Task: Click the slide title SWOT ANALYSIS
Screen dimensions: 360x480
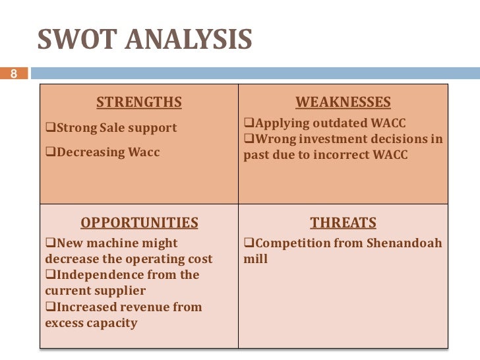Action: click(x=144, y=40)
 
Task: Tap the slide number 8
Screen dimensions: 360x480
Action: click(x=12, y=73)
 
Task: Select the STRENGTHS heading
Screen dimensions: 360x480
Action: click(x=138, y=102)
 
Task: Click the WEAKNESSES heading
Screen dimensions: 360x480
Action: click(x=343, y=102)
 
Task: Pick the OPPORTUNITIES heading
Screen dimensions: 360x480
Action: click(x=138, y=222)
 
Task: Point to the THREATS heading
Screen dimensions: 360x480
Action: click(x=343, y=222)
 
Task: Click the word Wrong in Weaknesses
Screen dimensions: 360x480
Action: click(x=274, y=139)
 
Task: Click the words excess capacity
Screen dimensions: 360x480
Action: click(x=91, y=323)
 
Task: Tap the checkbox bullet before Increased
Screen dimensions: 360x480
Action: click(x=49, y=307)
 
